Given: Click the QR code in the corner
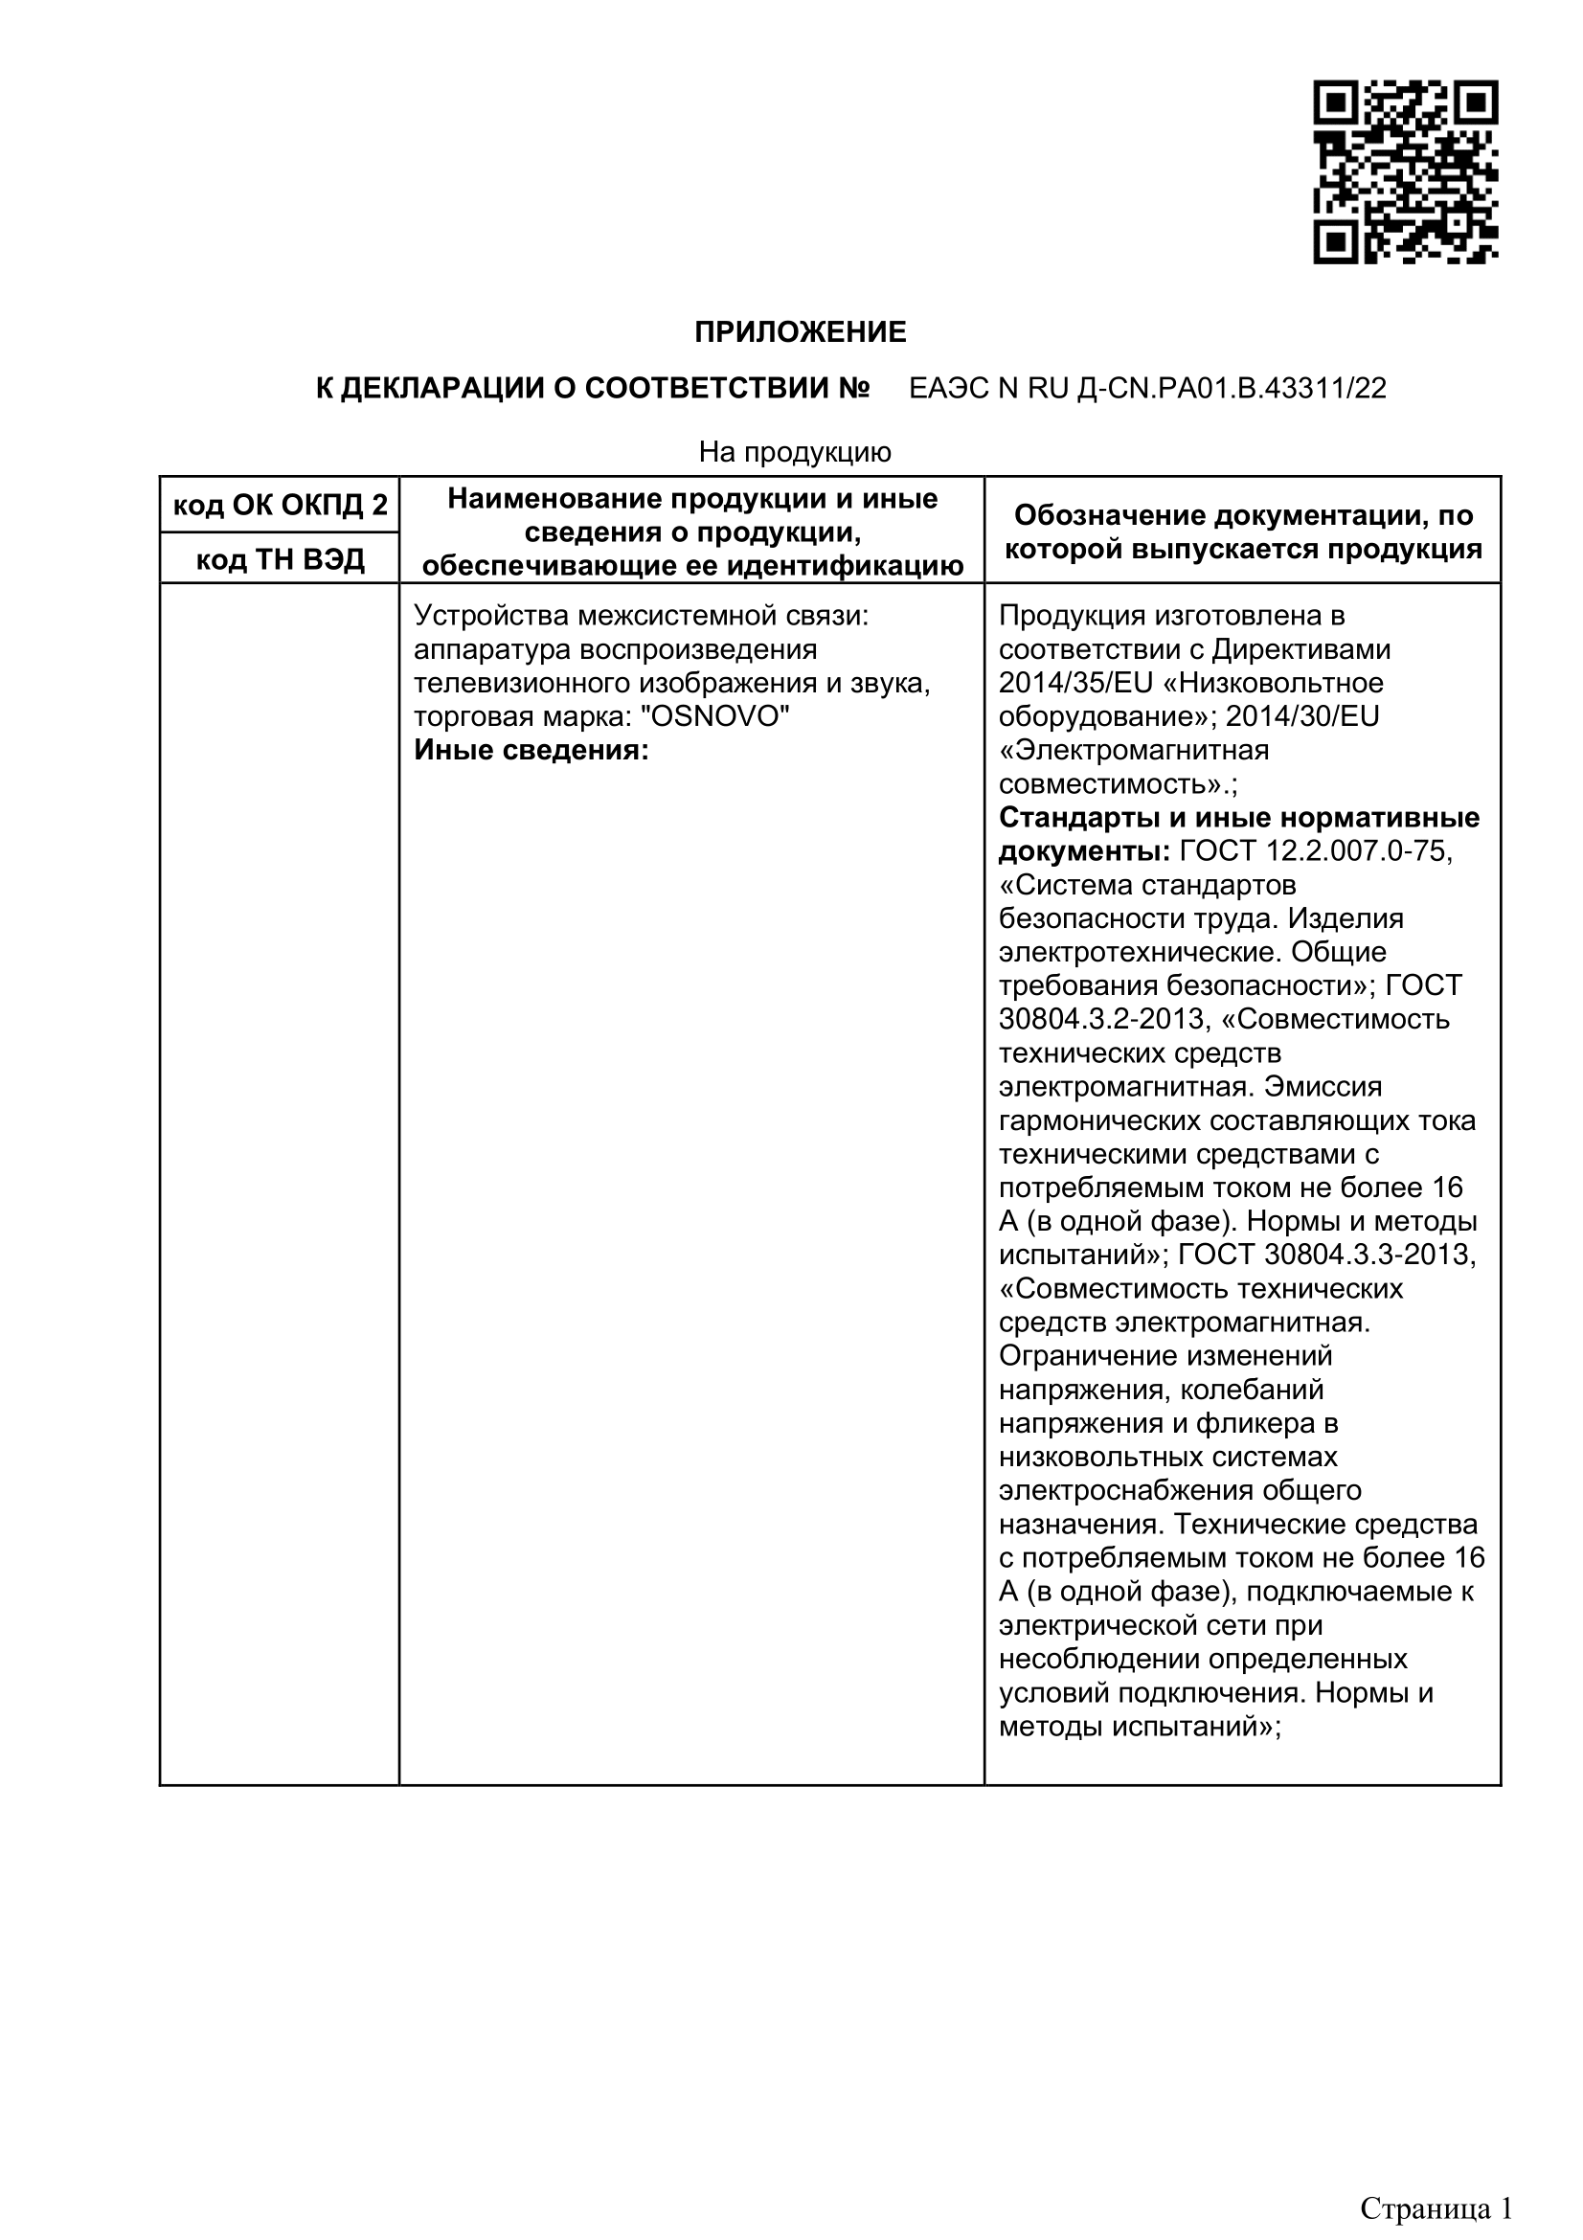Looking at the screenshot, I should (1405, 172).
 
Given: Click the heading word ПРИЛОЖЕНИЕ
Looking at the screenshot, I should (800, 332).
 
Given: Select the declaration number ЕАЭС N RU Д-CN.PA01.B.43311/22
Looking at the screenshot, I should (1147, 389).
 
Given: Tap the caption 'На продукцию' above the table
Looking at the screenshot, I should (795, 452).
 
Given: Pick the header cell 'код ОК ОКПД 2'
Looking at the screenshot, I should (280, 506).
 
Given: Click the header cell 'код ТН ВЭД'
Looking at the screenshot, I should (280, 559).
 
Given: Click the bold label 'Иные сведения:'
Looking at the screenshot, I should (531, 750).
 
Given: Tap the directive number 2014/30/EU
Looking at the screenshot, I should (1302, 717).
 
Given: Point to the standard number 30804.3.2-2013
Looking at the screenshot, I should (1104, 1020).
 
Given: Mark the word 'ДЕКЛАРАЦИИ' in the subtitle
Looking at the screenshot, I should (444, 389).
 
